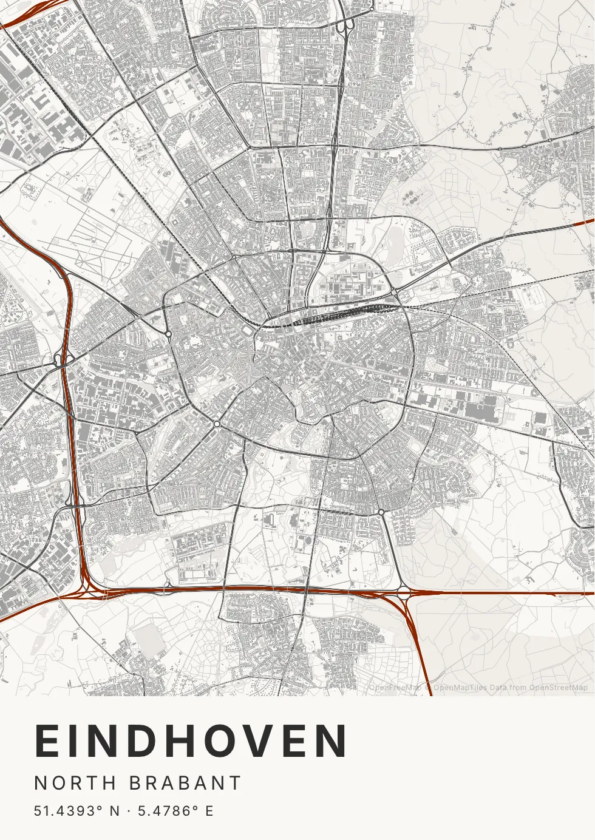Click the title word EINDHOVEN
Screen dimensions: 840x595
pyautogui.click(x=191, y=741)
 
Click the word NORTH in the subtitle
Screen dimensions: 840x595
pyautogui.click(x=75, y=783)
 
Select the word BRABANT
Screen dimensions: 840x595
pyautogui.click(x=186, y=783)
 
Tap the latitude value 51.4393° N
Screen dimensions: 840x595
pyautogui.click(x=76, y=811)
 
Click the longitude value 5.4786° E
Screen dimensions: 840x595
pyautogui.click(x=175, y=811)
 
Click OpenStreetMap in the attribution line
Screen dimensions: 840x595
pyautogui.click(x=558, y=688)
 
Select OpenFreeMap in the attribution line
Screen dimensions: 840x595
pyautogui.click(x=395, y=688)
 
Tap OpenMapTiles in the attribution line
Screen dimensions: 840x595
pyautogui.click(x=460, y=688)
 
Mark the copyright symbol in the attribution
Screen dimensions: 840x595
pyautogui.click(x=428, y=688)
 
